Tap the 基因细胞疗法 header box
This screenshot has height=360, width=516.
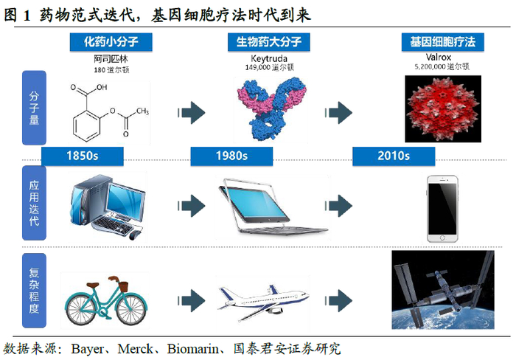(x=437, y=43)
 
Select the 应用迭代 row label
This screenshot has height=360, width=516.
(x=35, y=204)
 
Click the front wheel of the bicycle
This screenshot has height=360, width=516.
(x=139, y=300)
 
